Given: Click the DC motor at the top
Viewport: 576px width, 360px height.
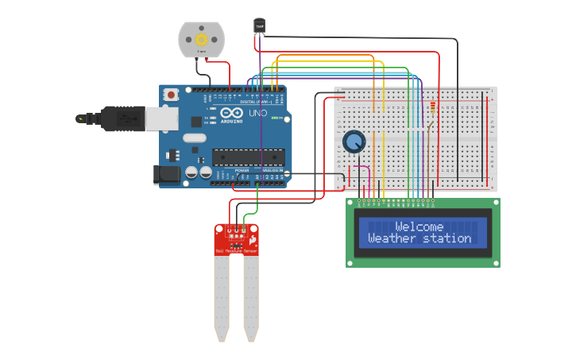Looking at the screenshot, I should [x=201, y=38].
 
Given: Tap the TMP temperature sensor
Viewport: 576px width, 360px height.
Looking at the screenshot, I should [x=259, y=26].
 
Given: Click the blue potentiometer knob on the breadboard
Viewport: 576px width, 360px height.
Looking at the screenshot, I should [x=354, y=142].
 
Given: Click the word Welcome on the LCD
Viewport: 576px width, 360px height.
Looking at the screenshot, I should [x=419, y=226].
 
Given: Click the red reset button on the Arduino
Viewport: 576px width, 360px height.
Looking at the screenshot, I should [x=171, y=95].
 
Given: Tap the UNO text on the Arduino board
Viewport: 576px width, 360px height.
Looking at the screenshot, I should [x=258, y=113].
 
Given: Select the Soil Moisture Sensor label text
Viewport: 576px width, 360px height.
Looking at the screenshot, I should [x=236, y=251].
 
